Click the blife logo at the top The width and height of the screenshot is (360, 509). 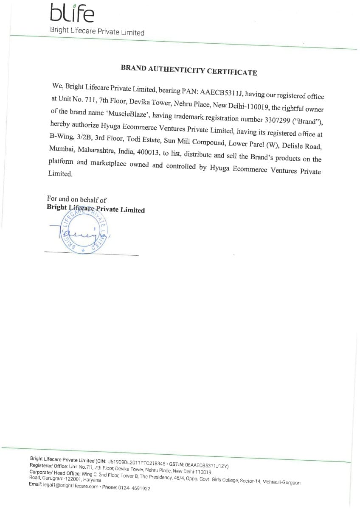pos(72,13)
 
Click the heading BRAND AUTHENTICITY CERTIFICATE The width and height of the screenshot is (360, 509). pos(189,70)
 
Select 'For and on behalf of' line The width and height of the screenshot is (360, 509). pos(77,199)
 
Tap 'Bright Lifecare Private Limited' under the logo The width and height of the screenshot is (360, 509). pos(97,31)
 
